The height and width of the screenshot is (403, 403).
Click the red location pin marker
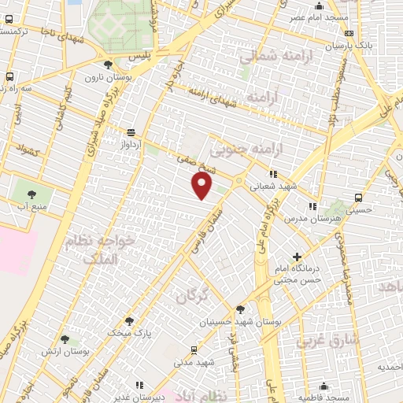203,186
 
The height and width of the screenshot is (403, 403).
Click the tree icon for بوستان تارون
108,64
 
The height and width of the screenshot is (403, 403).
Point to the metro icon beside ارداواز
131,132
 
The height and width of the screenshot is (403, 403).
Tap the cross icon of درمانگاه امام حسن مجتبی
297,257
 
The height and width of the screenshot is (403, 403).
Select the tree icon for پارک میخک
130,321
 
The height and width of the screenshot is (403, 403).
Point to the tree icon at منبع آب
32,193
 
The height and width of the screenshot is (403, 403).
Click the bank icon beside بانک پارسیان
349,33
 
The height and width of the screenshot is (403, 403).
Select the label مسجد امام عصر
318,17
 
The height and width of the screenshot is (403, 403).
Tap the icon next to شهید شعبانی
273,174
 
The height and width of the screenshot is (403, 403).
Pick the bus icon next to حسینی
359,198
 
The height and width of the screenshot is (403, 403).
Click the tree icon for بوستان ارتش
65,339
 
